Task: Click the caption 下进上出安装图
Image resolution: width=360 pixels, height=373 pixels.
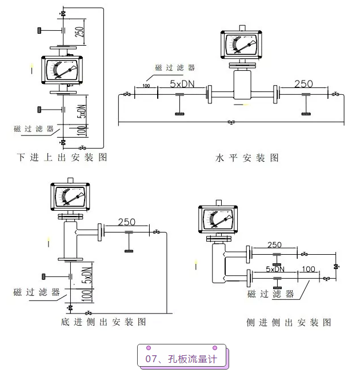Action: (x=62, y=157)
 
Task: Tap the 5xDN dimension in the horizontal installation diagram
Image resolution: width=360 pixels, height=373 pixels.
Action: (x=182, y=83)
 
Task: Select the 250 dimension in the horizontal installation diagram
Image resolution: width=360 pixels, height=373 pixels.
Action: (x=303, y=83)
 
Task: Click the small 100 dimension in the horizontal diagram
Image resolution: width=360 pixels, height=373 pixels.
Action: (x=146, y=86)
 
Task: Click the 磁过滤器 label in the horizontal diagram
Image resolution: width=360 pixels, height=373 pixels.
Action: (x=175, y=67)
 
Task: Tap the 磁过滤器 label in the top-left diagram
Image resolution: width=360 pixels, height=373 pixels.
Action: (x=34, y=129)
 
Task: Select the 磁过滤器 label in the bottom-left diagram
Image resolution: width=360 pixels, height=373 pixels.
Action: (x=37, y=292)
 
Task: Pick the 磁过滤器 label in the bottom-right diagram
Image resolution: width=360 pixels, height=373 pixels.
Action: (x=270, y=294)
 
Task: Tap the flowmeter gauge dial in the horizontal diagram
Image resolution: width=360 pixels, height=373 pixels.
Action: (x=243, y=47)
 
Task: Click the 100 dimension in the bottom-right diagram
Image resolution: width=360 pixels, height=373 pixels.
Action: (x=308, y=268)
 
